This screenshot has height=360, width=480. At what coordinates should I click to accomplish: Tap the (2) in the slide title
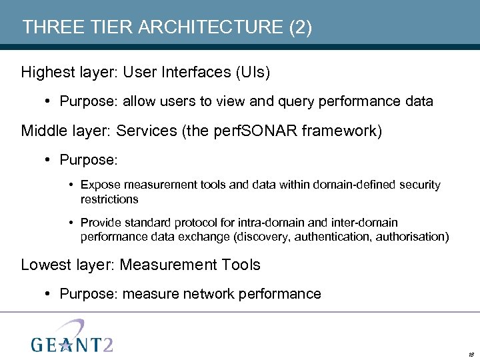coord(299,27)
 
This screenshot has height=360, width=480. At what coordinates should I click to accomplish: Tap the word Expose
coord(100,185)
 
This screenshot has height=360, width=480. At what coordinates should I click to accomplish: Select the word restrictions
coord(109,199)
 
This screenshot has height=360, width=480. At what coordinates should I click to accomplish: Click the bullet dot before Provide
coord(71,223)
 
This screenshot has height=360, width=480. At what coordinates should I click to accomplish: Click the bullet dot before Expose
coord(71,185)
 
